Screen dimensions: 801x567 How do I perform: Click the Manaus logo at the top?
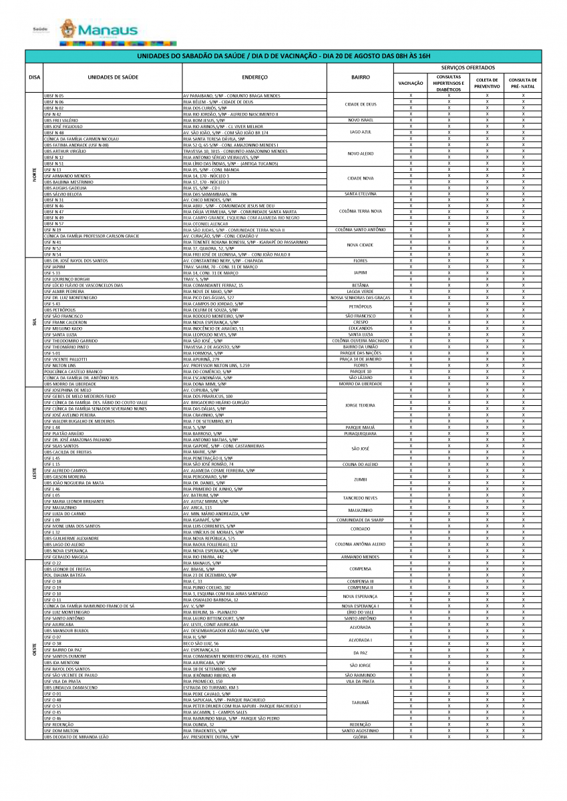click(x=98, y=30)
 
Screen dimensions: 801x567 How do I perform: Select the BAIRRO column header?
click(x=361, y=77)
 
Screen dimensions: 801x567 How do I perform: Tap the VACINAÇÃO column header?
click(x=411, y=83)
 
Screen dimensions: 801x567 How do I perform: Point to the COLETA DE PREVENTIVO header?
click(x=487, y=83)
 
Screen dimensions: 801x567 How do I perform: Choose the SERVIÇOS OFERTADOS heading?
click(x=468, y=68)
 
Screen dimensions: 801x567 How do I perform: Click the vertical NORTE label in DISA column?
click(x=35, y=175)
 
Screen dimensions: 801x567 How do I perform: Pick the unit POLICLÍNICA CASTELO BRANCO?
click(x=73, y=371)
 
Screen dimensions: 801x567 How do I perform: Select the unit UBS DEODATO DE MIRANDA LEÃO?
click(x=76, y=737)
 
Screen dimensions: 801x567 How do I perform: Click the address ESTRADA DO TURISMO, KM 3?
click(x=210, y=687)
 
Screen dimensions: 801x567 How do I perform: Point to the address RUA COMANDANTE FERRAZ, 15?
click(x=213, y=285)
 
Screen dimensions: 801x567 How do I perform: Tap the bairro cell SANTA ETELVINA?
click(x=361, y=194)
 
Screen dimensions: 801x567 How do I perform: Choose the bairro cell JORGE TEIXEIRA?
click(x=361, y=405)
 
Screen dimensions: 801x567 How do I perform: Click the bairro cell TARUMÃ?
click(x=361, y=702)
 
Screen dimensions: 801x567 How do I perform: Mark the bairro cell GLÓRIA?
click(x=361, y=737)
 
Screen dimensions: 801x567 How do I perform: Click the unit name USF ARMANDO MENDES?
click(x=67, y=176)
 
